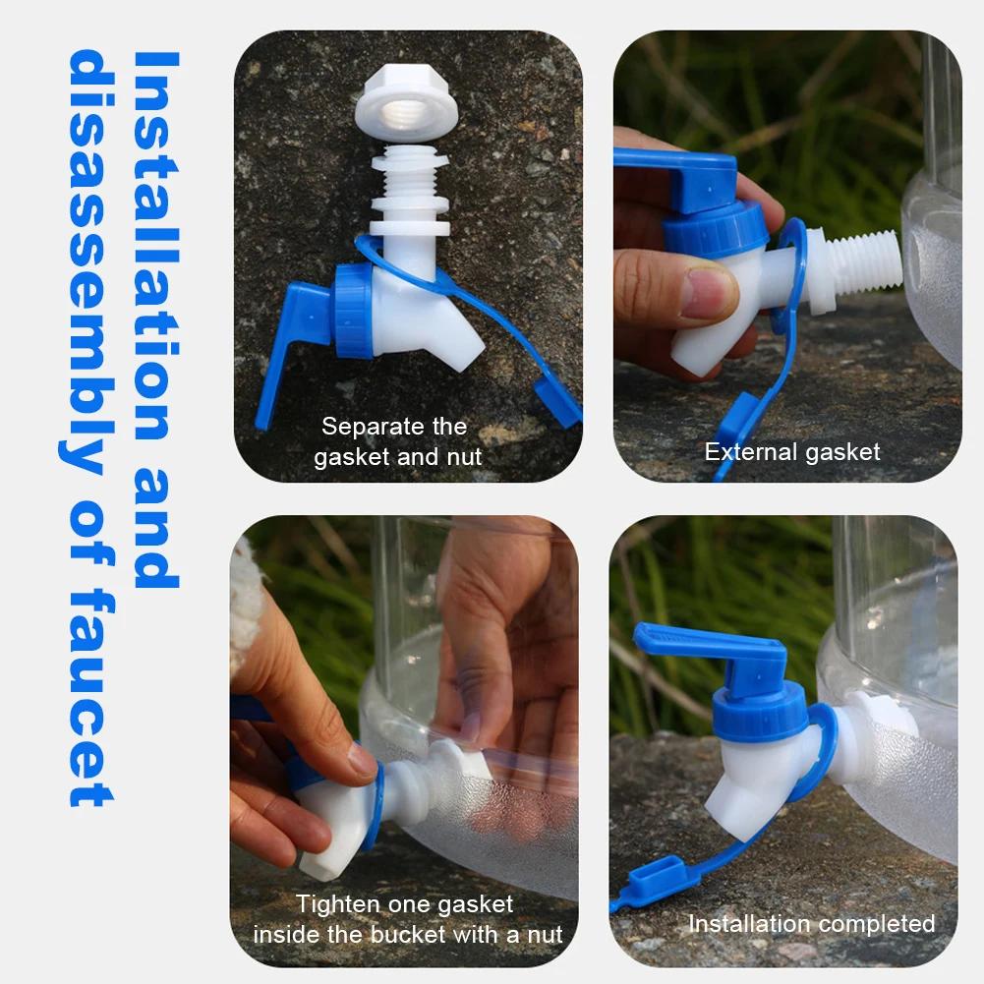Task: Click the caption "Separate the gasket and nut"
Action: (396, 441)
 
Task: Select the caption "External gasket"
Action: (792, 452)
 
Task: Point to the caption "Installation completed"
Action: (811, 924)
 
